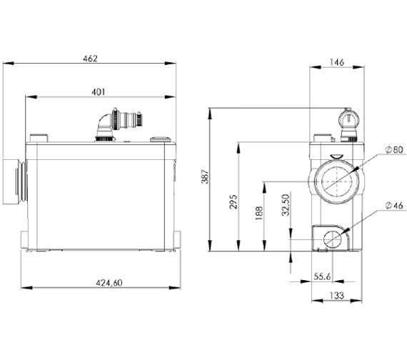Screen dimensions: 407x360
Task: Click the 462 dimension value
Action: pyautogui.click(x=91, y=59)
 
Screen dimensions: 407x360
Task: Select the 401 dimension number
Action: pyautogui.click(x=99, y=92)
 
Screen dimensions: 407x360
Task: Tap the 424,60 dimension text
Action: pyautogui.click(x=109, y=283)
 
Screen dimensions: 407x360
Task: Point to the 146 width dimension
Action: pyautogui.click(x=337, y=62)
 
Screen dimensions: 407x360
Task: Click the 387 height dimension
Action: pyautogui.click(x=205, y=176)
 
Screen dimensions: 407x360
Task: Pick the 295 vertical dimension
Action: pyautogui.click(x=233, y=201)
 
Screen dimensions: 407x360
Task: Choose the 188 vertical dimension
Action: pyautogui.click(x=259, y=214)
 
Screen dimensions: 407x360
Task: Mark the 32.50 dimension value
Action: pyautogui.click(x=286, y=205)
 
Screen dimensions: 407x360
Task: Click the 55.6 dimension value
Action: pyautogui.click(x=322, y=276)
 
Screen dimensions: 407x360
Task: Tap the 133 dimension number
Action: pyautogui.click(x=337, y=295)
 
